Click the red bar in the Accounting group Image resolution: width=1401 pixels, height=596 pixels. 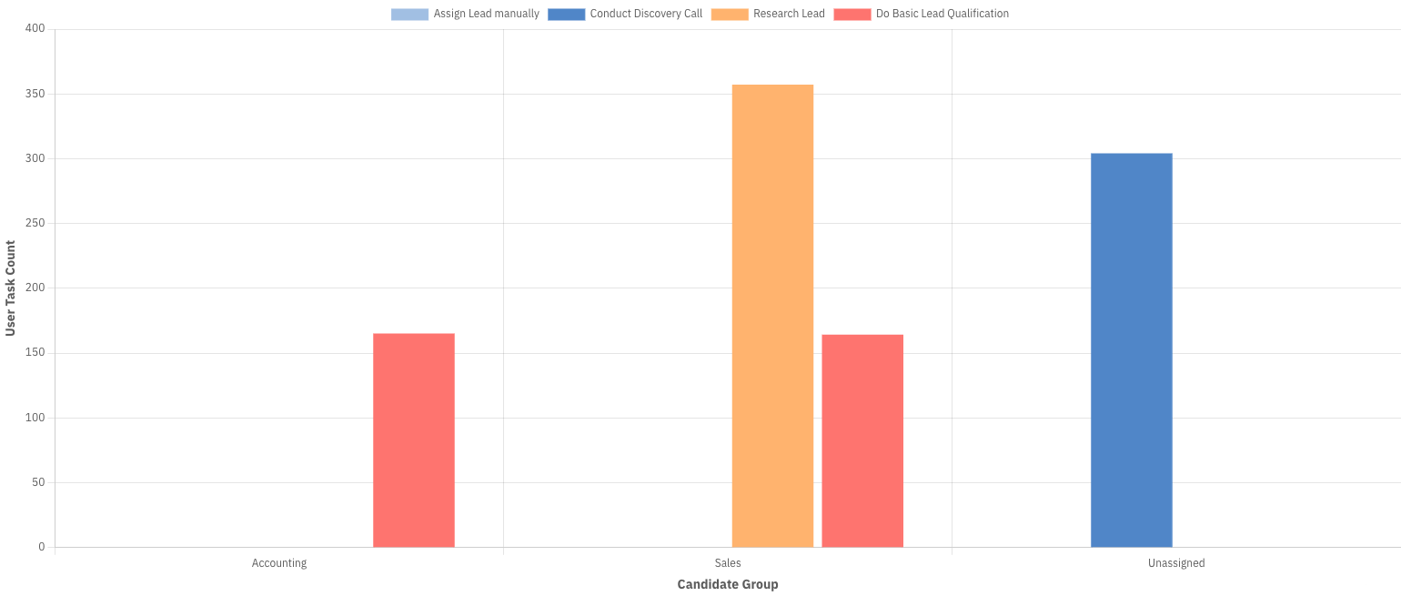(x=414, y=440)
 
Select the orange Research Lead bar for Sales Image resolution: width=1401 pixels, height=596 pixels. (x=772, y=316)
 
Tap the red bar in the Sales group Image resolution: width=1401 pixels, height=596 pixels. (x=862, y=441)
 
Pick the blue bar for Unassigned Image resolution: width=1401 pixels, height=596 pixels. (x=1131, y=350)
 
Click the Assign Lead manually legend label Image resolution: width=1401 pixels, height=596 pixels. (x=486, y=14)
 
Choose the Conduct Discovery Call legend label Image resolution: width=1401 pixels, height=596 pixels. (x=646, y=14)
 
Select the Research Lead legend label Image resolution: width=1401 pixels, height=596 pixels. (x=789, y=14)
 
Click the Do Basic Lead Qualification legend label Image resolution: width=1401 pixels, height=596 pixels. (x=942, y=14)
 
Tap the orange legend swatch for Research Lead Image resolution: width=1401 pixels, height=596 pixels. (x=730, y=14)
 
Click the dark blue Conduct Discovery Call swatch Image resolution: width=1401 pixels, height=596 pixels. (x=566, y=14)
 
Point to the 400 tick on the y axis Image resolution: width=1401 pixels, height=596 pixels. (x=35, y=29)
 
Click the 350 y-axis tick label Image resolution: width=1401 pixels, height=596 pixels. (x=35, y=94)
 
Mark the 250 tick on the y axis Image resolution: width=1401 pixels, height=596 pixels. (x=35, y=223)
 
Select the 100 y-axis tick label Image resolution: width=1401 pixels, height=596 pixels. (x=35, y=418)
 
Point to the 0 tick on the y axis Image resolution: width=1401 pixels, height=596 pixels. (x=41, y=547)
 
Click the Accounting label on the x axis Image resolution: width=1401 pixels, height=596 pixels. (x=279, y=563)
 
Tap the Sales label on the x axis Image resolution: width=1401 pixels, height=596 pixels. (x=728, y=563)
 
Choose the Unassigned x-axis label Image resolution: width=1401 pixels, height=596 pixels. (x=1176, y=563)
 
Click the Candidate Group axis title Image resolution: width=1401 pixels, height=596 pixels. (x=728, y=584)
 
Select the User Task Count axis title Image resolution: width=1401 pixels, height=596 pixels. (x=11, y=288)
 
